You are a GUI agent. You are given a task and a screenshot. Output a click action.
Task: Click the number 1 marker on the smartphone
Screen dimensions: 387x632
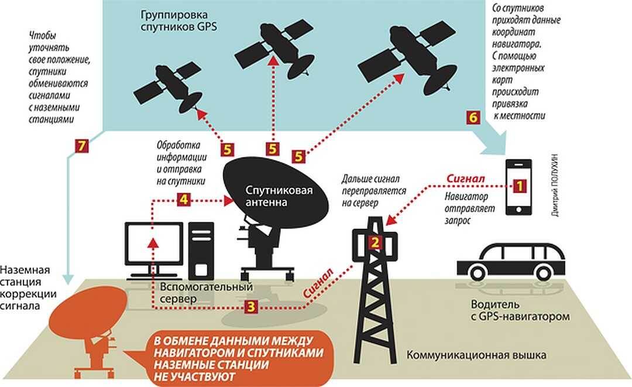pyautogui.click(x=518, y=187)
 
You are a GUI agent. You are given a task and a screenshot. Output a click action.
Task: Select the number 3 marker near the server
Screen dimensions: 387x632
pyautogui.click(x=251, y=306)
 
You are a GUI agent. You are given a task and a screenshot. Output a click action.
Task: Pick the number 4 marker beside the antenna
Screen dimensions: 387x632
pyautogui.click(x=184, y=200)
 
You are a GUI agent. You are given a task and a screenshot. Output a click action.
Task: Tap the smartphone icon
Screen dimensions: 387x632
pyautogui.click(x=518, y=187)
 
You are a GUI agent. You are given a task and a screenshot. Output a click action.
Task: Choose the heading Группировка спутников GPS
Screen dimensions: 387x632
pyautogui.click(x=176, y=19)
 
